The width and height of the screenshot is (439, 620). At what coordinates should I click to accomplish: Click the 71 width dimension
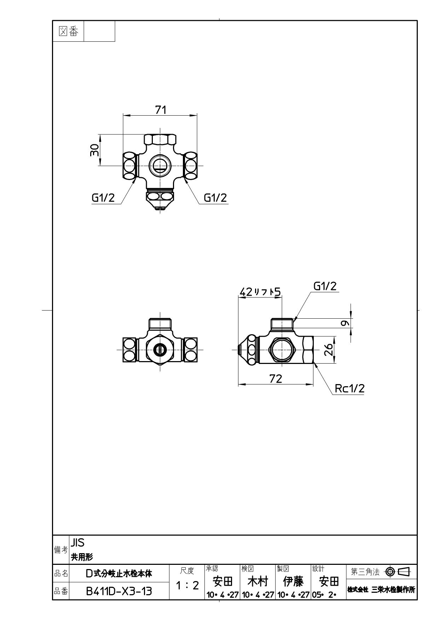(161, 110)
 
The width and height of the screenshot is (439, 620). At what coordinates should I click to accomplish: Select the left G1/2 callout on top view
(103, 198)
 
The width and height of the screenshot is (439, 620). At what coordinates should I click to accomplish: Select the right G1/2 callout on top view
(215, 198)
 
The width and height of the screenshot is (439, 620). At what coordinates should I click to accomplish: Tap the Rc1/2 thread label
(350, 389)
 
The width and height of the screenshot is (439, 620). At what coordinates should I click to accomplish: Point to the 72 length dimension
(276, 379)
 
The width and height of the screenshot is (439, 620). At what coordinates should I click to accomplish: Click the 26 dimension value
(329, 350)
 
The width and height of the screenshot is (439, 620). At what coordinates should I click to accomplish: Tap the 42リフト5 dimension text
(260, 292)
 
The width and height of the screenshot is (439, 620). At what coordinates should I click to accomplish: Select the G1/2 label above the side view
(325, 286)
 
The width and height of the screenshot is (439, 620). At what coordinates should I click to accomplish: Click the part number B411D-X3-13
(119, 591)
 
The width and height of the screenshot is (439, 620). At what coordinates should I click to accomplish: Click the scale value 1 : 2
(187, 585)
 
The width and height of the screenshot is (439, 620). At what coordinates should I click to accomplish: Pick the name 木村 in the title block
(258, 581)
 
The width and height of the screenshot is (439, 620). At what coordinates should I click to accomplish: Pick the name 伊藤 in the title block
(293, 581)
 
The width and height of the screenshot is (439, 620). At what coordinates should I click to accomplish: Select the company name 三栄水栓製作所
(393, 590)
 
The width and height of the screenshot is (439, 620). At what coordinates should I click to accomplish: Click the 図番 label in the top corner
(68, 31)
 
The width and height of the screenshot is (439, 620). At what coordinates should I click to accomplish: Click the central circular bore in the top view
(160, 165)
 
